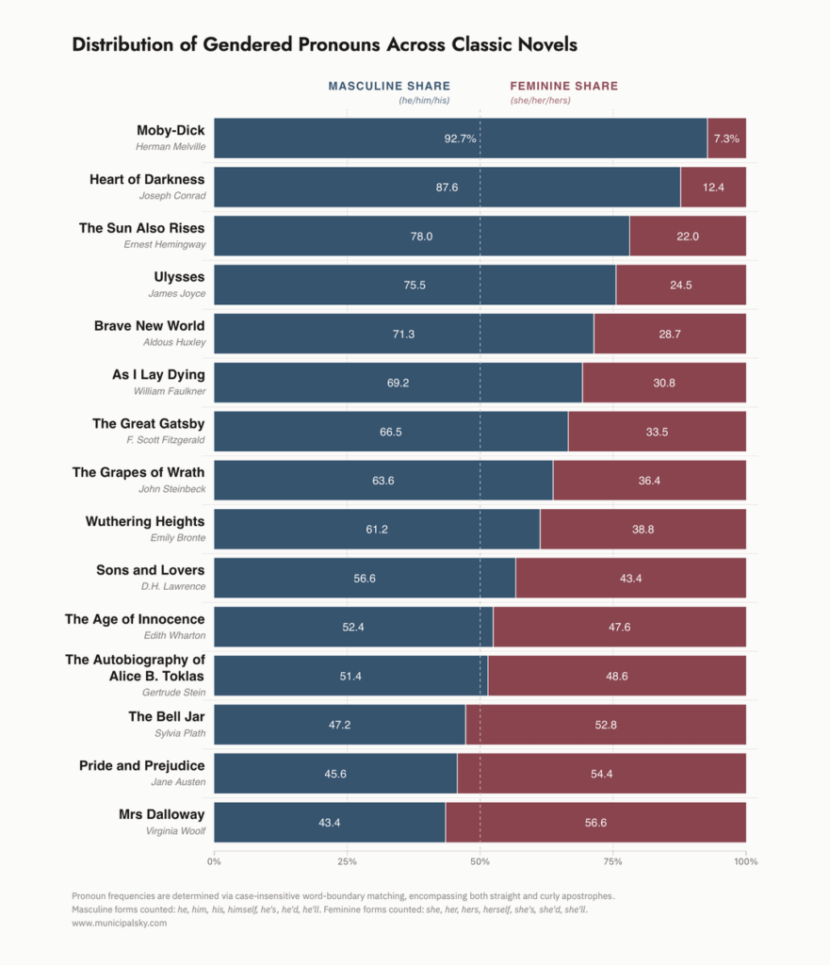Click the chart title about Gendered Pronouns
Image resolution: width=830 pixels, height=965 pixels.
tap(324, 44)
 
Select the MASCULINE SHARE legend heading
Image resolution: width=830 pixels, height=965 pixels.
tap(389, 86)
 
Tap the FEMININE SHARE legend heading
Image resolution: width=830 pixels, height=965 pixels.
tap(563, 86)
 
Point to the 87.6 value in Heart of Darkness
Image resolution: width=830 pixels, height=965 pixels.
tap(447, 188)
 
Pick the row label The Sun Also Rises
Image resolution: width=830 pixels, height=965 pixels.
tap(141, 228)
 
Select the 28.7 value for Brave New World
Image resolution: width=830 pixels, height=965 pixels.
tap(669, 334)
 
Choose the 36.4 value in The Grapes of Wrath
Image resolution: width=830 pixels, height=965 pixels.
tap(649, 481)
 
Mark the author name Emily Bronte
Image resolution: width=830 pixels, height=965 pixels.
tap(177, 537)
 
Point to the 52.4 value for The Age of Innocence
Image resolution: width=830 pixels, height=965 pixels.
tap(353, 627)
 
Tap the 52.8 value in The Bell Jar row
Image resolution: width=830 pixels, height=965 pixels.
tap(606, 725)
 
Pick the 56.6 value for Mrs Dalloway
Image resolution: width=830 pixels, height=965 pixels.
tap(595, 823)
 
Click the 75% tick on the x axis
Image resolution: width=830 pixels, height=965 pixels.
tap(613, 861)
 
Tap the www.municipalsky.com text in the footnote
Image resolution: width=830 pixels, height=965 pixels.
tap(119, 924)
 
